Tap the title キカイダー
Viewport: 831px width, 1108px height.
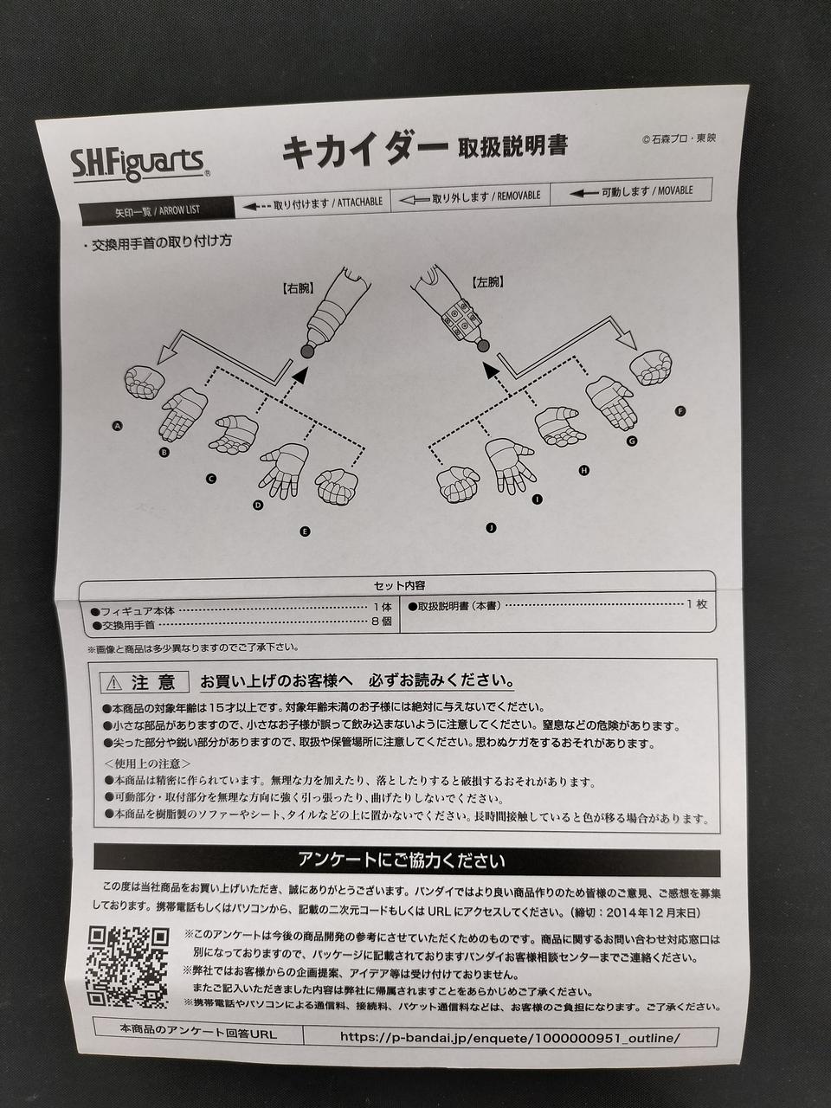click(364, 152)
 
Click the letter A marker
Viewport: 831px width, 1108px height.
click(118, 427)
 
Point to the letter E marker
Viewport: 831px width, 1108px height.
click(305, 531)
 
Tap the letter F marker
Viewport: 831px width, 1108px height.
click(680, 412)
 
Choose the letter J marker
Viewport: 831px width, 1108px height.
click(491, 529)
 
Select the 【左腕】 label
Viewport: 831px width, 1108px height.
click(488, 282)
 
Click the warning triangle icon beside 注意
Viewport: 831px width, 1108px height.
click(114, 684)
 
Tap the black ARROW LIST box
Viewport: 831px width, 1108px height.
click(158, 210)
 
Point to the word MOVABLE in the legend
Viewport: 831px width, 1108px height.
click(675, 190)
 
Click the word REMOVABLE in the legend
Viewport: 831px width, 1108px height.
click(519, 196)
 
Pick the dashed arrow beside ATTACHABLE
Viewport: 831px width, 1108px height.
click(257, 207)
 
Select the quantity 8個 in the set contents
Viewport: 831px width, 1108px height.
click(382, 622)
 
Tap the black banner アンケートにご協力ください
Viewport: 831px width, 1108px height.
click(407, 863)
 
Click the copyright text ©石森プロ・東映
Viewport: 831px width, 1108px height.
click(679, 138)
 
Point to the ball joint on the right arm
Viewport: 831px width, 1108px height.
click(306, 351)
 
